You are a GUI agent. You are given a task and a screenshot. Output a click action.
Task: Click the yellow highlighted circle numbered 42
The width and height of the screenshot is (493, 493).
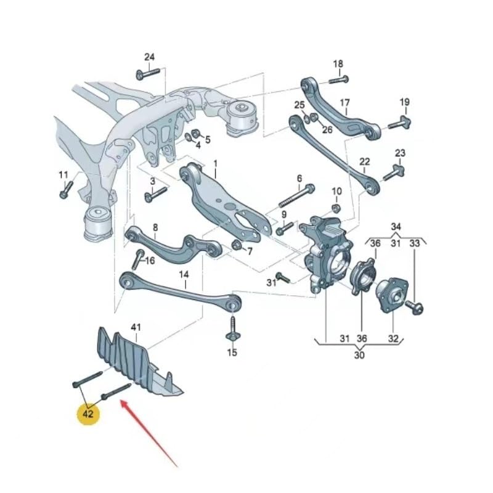coord(88,413)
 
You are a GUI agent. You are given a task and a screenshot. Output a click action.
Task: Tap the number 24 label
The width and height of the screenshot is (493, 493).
coord(149,57)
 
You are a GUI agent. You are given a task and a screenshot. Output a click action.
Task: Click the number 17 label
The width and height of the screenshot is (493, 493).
coord(344,102)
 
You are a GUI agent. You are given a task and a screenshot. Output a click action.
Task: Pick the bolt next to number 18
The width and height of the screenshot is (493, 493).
coord(338,79)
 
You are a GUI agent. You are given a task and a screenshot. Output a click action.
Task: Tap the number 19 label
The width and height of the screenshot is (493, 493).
coord(404,102)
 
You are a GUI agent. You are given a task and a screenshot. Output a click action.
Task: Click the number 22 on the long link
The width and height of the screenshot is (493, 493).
coord(365,161)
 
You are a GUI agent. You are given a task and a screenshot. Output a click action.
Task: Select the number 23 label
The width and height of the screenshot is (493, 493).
coord(400,152)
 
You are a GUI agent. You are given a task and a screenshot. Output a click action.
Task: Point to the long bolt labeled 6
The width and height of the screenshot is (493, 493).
coord(296,195)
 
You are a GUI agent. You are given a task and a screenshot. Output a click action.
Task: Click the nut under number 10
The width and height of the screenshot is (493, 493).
coord(336,207)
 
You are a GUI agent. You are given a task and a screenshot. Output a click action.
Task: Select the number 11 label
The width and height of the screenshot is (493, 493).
coord(63,175)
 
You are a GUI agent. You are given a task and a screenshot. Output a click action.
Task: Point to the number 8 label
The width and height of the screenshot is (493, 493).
coord(155,227)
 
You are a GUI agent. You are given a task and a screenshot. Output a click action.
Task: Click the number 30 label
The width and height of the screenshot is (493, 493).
coord(359,355)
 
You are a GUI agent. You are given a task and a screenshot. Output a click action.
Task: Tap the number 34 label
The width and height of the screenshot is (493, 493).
coord(396,226)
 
